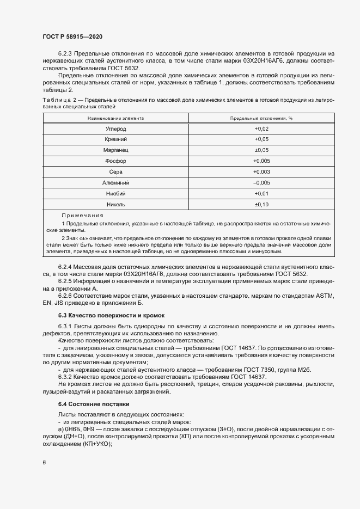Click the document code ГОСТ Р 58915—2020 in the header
(x=72, y=36)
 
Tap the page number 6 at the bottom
(x=44, y=463)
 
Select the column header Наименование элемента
(x=115, y=118)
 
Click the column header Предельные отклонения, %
(x=261, y=118)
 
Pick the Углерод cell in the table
(x=115, y=129)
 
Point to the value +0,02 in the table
(x=261, y=129)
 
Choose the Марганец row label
(x=115, y=150)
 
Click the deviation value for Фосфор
(x=261, y=161)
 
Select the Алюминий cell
(x=115, y=182)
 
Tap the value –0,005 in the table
(x=261, y=182)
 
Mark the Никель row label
(x=115, y=204)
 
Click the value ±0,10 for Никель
(x=261, y=204)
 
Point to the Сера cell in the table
(x=115, y=172)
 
